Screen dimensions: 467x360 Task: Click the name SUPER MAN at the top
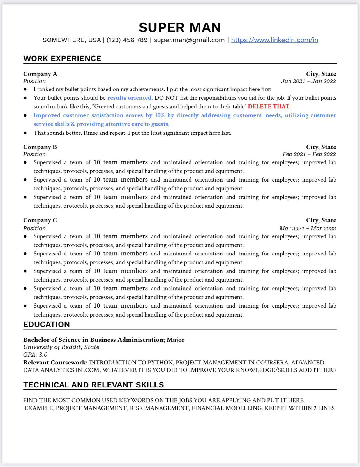[x=180, y=27]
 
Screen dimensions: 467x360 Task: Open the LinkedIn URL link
[x=274, y=40]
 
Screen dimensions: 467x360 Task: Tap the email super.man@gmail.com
[x=189, y=40]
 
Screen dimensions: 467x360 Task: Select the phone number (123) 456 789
[x=127, y=40]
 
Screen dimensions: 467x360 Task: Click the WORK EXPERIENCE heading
[x=62, y=59]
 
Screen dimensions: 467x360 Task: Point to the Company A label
[x=40, y=74]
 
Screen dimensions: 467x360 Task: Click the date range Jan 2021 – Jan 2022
[x=308, y=81]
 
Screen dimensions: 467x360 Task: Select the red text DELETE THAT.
[x=269, y=106]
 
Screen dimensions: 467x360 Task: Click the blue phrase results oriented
[x=129, y=98]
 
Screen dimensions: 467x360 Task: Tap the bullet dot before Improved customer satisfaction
[x=25, y=115]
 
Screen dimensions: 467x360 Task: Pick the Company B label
[x=40, y=147]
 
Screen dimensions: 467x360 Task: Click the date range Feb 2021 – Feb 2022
[x=309, y=154]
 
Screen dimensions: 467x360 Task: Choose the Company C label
[x=40, y=220]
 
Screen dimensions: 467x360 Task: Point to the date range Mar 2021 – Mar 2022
[x=307, y=228]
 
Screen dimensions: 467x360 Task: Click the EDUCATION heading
[x=47, y=324]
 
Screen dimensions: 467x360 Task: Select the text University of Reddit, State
[x=61, y=347]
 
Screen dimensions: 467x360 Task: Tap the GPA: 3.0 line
[x=35, y=355]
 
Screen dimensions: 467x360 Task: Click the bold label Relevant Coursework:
[x=55, y=363]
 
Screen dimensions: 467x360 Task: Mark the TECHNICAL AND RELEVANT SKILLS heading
[x=94, y=385]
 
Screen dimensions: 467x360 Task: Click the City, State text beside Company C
[x=321, y=220]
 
